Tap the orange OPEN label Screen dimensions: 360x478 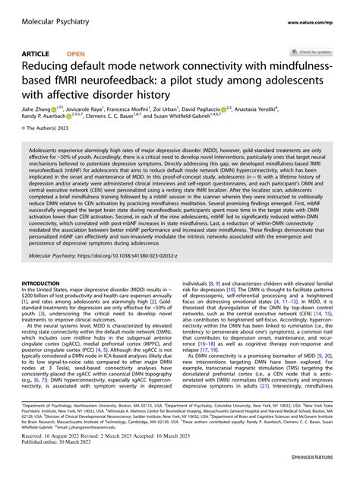(x=76, y=53)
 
